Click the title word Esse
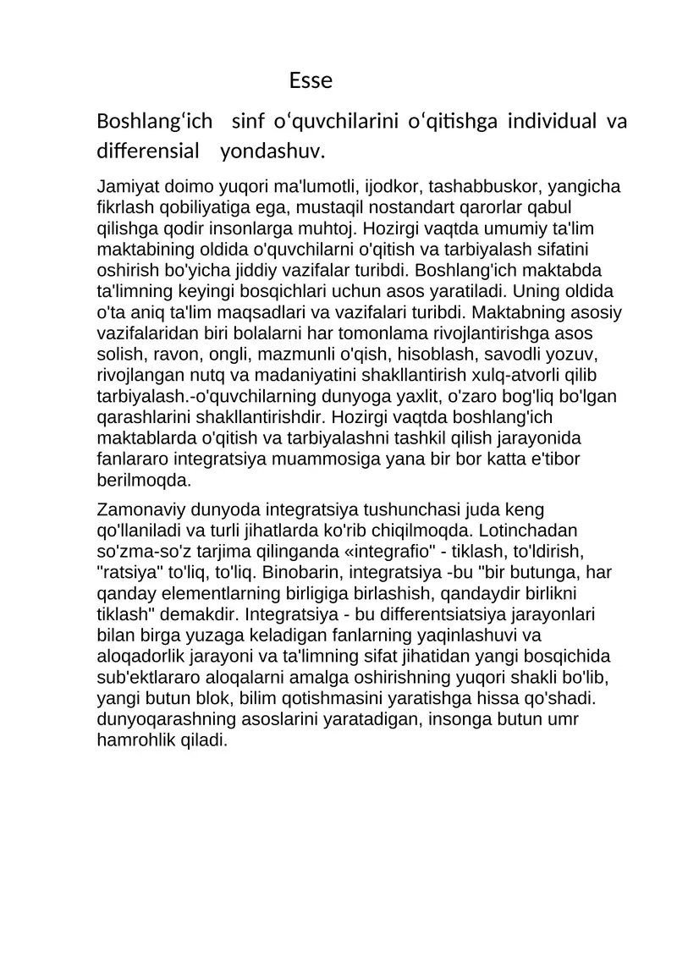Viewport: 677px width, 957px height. point(310,81)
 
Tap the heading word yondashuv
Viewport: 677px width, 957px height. point(272,152)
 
